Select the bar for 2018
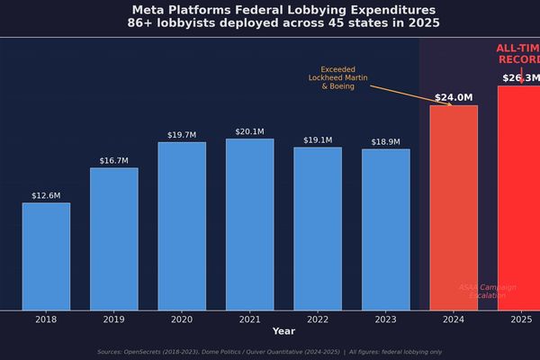(46, 256)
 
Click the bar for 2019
(113, 238)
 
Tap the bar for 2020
(182, 226)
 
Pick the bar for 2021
(249, 224)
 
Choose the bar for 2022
(318, 229)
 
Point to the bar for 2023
(385, 229)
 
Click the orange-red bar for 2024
(454, 208)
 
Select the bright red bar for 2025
(519, 198)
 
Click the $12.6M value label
(46, 195)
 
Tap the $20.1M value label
(249, 131)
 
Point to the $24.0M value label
(454, 97)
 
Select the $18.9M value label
(385, 142)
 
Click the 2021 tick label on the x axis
(249, 319)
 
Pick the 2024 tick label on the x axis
(454, 319)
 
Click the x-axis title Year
(283, 331)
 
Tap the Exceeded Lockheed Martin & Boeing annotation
(338, 77)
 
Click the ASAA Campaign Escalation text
(488, 292)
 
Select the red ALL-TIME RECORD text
(518, 54)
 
